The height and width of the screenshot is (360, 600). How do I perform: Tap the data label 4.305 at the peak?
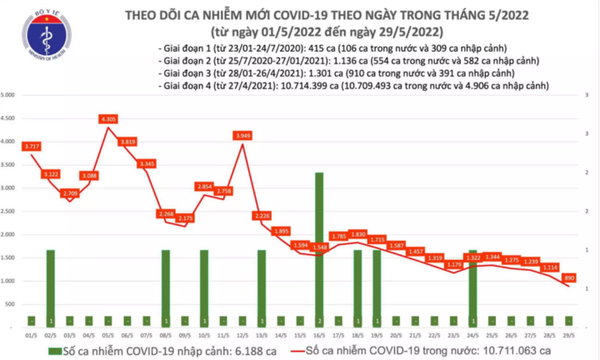pyautogui.click(x=108, y=119)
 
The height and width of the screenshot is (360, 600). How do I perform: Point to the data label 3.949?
pyautogui.click(x=243, y=135)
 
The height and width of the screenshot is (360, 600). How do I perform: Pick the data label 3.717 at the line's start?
pyautogui.click(x=32, y=146)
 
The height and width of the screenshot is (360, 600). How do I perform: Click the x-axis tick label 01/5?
pyautogui.click(x=32, y=332)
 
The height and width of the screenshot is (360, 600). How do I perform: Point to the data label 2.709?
pyautogui.click(x=71, y=193)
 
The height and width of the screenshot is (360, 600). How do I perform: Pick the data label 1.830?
pyautogui.click(x=357, y=234)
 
